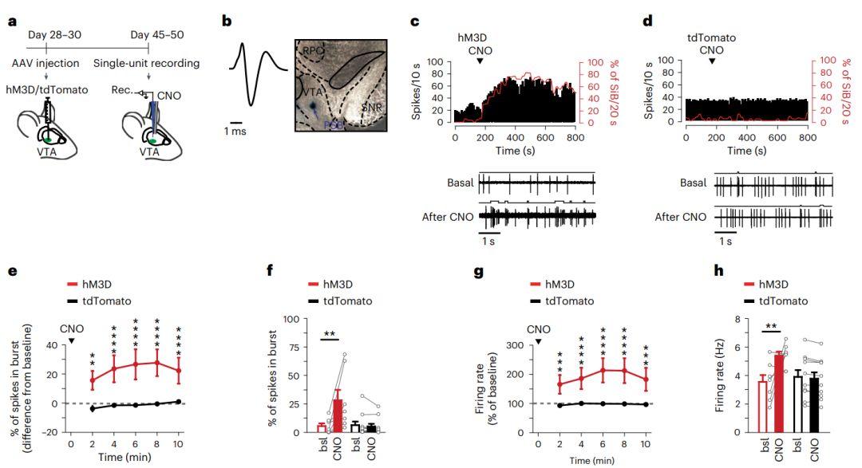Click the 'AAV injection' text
pos(55,64)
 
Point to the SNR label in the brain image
pos(370,106)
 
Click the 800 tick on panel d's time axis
pos(809,136)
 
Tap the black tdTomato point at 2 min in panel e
pos(93,408)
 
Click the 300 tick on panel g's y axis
pos(510,346)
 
